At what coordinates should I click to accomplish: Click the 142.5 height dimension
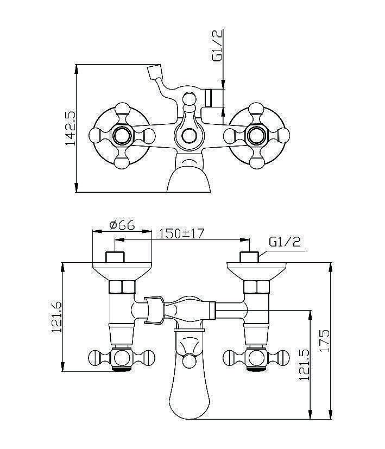(x=70, y=128)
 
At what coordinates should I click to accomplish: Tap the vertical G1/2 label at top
(x=217, y=46)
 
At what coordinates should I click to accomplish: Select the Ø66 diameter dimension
(x=122, y=225)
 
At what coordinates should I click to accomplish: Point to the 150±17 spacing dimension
(x=181, y=233)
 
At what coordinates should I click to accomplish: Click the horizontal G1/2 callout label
(x=285, y=242)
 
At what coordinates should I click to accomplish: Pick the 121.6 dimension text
(x=56, y=317)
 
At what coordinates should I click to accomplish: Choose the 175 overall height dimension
(x=325, y=340)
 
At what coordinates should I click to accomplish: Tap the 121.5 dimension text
(x=304, y=364)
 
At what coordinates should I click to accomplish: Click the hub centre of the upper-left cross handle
(x=122, y=135)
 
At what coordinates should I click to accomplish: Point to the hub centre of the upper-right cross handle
(x=256, y=135)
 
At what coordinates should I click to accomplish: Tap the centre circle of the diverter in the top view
(x=189, y=136)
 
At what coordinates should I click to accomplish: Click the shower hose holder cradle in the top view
(x=154, y=72)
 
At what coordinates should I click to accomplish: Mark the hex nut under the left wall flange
(x=122, y=287)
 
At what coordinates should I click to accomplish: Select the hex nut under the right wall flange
(x=256, y=287)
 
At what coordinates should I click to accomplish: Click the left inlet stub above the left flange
(x=115, y=257)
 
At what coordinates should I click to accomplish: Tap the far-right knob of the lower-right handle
(x=283, y=358)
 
